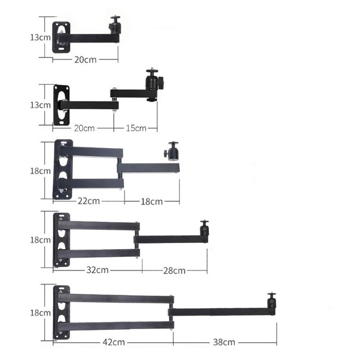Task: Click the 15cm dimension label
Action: click(135, 128)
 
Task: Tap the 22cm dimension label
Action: click(88, 201)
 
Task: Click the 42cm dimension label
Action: click(113, 342)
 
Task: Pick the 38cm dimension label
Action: click(224, 342)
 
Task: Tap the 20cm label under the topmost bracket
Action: click(85, 59)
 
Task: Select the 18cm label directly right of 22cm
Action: click(152, 202)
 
